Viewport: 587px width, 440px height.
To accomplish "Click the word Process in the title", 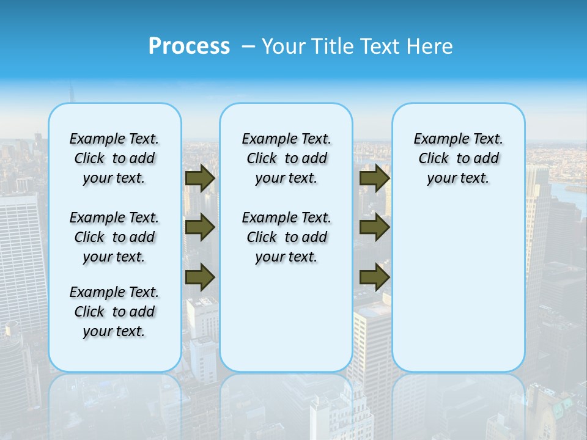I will pyautogui.click(x=189, y=46).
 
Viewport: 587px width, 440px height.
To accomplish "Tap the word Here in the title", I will pyautogui.click(x=430, y=46).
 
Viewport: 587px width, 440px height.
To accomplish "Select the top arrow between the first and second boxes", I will pyautogui.click(x=200, y=178).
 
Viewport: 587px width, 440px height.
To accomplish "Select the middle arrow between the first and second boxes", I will pyautogui.click(x=200, y=227).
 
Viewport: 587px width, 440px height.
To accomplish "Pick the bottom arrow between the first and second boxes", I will pyautogui.click(x=200, y=277).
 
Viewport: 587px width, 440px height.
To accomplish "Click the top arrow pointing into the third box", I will pyautogui.click(x=374, y=178).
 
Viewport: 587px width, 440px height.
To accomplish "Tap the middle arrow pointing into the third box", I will pyautogui.click(x=374, y=227).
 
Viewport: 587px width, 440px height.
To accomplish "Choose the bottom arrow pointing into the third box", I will pyautogui.click(x=374, y=277).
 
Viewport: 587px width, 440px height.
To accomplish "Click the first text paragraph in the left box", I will pyautogui.click(x=114, y=158).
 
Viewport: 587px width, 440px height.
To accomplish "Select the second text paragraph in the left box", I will pyautogui.click(x=114, y=237).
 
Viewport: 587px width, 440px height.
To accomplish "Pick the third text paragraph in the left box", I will pyautogui.click(x=114, y=312).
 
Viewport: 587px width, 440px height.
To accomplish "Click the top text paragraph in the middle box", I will pyautogui.click(x=286, y=158).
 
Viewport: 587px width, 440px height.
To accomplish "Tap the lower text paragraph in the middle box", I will pyautogui.click(x=286, y=237).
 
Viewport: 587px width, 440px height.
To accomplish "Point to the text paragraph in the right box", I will pyautogui.click(x=458, y=158).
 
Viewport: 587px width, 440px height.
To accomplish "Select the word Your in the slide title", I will pyautogui.click(x=284, y=46).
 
